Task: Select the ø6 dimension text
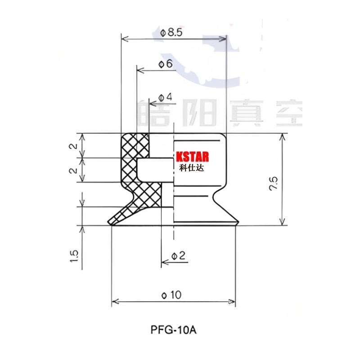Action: [x=166, y=64]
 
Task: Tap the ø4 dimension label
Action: [x=165, y=97]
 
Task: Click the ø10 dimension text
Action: [x=171, y=295]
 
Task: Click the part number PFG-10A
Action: [x=173, y=329]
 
